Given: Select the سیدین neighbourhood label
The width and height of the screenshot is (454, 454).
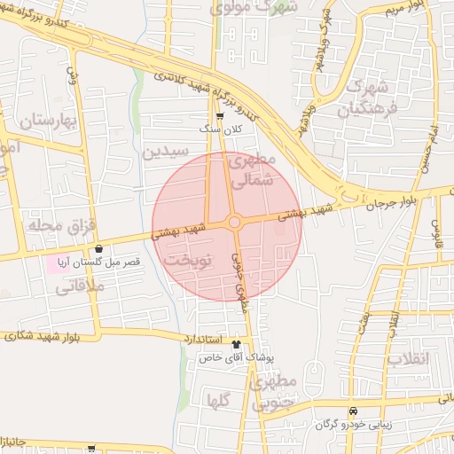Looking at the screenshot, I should [x=166, y=152].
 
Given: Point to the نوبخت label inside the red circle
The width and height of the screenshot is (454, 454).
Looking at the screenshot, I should [x=186, y=262].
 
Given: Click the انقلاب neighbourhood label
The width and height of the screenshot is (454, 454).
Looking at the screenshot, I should [x=434, y=358].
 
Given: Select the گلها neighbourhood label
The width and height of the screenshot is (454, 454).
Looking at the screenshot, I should [x=219, y=400].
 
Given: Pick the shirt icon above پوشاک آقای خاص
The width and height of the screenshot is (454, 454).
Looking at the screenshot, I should [x=236, y=343].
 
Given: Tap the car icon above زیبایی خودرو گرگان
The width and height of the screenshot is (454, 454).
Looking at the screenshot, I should [x=354, y=411].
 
